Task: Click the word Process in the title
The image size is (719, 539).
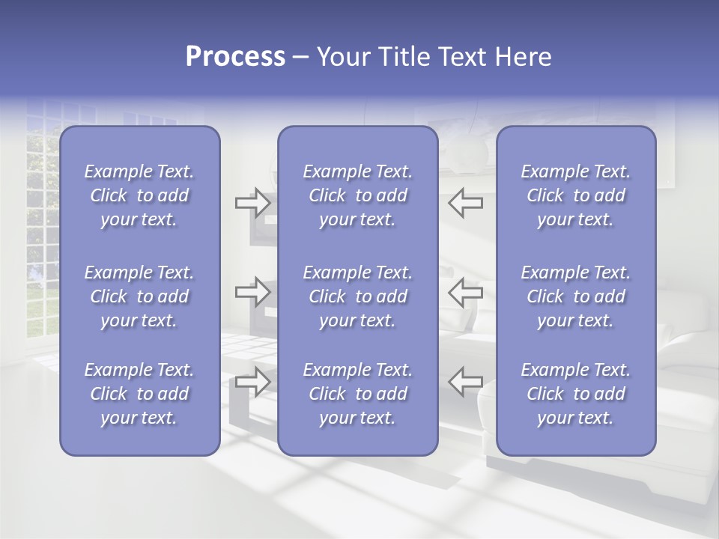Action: [x=234, y=57]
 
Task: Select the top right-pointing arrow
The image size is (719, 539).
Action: [x=253, y=203]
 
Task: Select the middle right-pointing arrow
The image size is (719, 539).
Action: [x=253, y=292]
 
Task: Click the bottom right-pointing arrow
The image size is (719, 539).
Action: [x=253, y=382]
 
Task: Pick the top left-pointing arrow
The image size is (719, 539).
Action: [x=466, y=203]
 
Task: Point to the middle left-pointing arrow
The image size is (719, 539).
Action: [x=466, y=292]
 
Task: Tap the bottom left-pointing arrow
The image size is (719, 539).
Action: [x=466, y=382]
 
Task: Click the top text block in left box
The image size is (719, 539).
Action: [x=139, y=195]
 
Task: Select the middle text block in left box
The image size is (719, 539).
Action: [x=139, y=296]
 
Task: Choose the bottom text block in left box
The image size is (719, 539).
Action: [x=139, y=394]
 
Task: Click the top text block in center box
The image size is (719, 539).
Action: [x=357, y=195]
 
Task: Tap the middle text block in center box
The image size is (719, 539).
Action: [x=357, y=296]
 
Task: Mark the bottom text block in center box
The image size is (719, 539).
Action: [x=357, y=394]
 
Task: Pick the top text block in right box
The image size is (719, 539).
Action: [x=575, y=195]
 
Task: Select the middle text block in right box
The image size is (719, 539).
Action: [x=575, y=296]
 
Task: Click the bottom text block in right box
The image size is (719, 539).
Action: [x=575, y=394]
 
